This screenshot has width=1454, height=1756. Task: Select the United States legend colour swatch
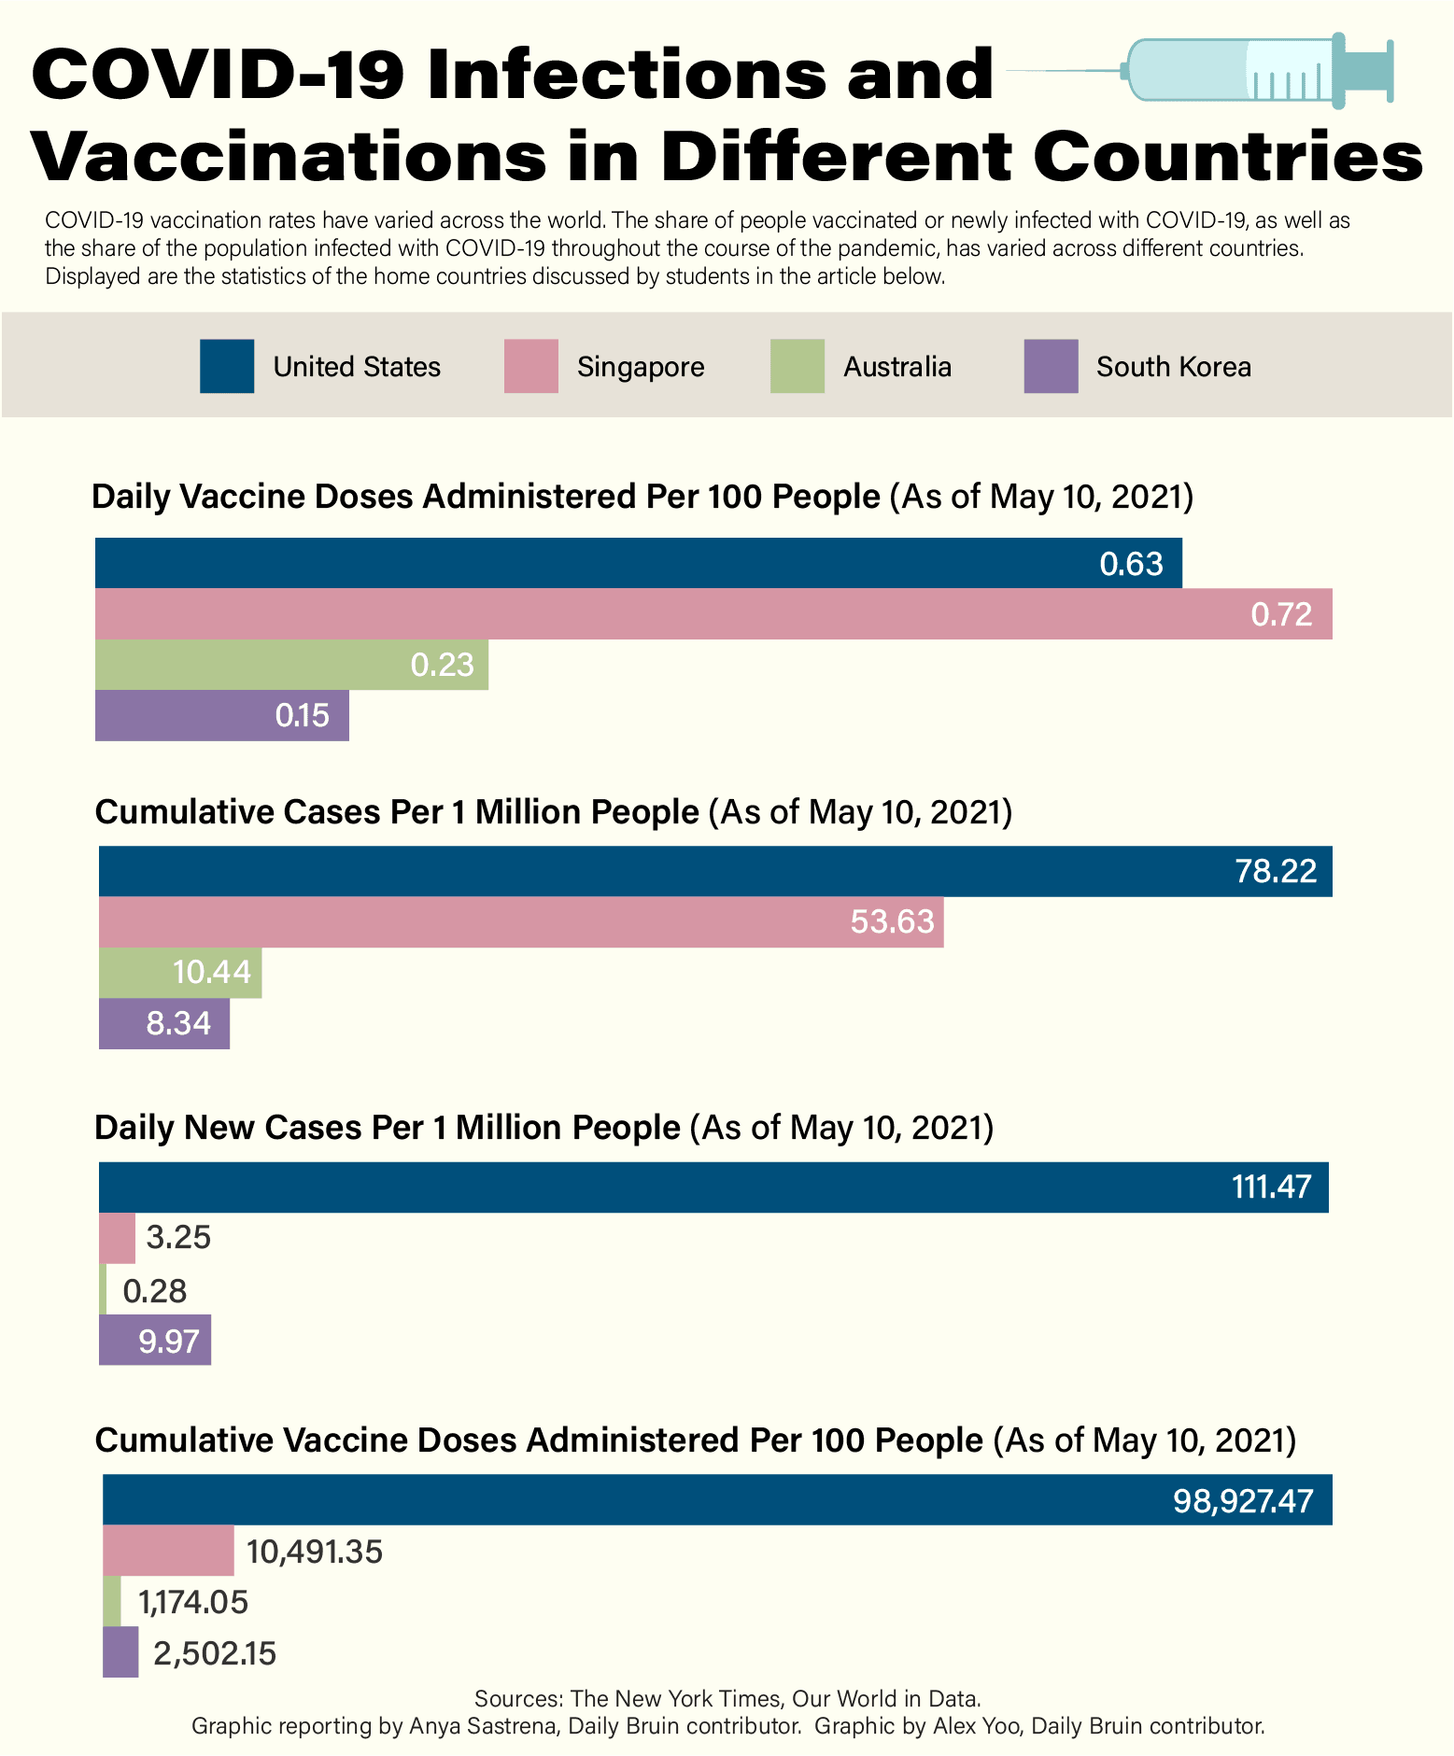(x=227, y=366)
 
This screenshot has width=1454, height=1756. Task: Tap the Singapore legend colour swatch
(x=530, y=366)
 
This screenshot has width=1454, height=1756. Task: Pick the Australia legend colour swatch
(x=797, y=366)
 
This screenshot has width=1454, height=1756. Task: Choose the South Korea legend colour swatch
(x=1051, y=366)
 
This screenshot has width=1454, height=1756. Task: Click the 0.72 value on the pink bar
(x=1281, y=614)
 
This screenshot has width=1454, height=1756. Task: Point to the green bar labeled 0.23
(x=291, y=665)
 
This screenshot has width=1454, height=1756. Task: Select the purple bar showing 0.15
(x=222, y=715)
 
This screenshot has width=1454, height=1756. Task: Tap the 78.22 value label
(x=1276, y=871)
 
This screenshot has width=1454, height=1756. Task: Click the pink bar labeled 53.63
(x=521, y=922)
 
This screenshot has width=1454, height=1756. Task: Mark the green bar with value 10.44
(x=180, y=973)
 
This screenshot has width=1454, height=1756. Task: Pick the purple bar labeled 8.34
(x=164, y=1023)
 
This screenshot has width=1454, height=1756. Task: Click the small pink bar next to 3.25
(x=117, y=1238)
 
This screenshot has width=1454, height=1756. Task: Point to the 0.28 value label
(x=155, y=1291)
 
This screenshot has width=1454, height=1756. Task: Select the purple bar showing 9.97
(x=155, y=1341)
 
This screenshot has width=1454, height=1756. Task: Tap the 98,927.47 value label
(x=1243, y=1501)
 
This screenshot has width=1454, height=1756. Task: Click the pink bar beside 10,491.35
(x=168, y=1552)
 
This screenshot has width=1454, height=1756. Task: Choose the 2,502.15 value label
(x=215, y=1654)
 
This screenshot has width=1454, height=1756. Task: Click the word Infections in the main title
(x=627, y=75)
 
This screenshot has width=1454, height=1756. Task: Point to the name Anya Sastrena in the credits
(x=483, y=1725)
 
